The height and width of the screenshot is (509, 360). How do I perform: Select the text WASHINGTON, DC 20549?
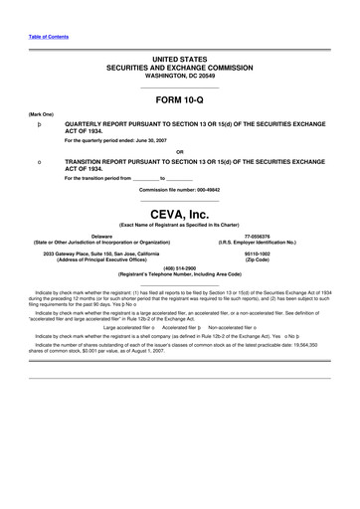tap(180, 76)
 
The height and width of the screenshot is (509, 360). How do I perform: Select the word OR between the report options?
tap(179, 151)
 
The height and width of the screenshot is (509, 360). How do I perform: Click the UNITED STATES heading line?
tap(180, 61)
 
